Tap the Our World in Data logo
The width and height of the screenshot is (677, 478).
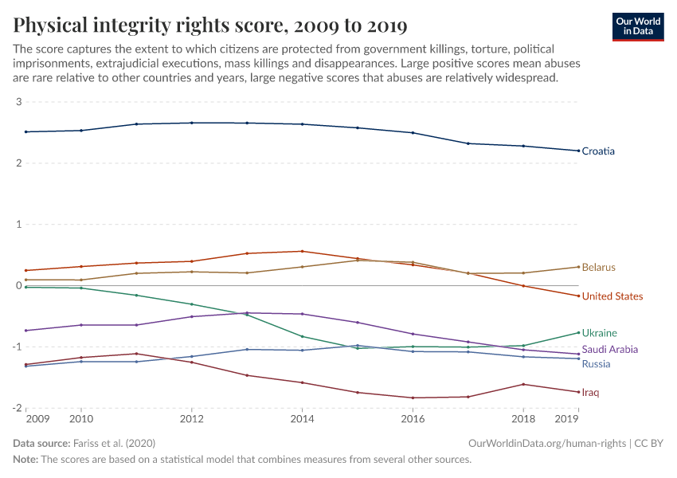pyautogui.click(x=637, y=26)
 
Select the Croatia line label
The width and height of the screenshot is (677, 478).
pyautogui.click(x=597, y=151)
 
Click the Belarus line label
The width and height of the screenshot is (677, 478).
pyautogui.click(x=598, y=267)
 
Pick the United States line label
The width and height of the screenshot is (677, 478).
pyautogui.click(x=612, y=296)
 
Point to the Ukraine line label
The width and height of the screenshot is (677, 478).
pyautogui.click(x=599, y=333)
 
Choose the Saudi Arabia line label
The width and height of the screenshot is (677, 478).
pyautogui.click(x=609, y=350)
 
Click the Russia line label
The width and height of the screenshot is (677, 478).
pyautogui.click(x=596, y=364)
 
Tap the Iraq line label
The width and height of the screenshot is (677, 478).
pyautogui.click(x=590, y=393)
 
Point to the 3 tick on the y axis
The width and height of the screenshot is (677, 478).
pyautogui.click(x=18, y=102)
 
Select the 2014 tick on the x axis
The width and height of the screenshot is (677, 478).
pyautogui.click(x=301, y=419)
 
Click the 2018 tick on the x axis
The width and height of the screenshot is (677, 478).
pyautogui.click(x=523, y=419)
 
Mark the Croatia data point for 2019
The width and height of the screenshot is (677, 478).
pyautogui.click(x=578, y=151)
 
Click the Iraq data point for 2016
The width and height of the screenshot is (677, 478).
pyautogui.click(x=412, y=398)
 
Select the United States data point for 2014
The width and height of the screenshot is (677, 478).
pyautogui.click(x=302, y=251)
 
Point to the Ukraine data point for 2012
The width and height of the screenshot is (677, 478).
pyautogui.click(x=191, y=304)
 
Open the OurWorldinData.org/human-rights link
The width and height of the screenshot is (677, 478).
pyautogui.click(x=546, y=443)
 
